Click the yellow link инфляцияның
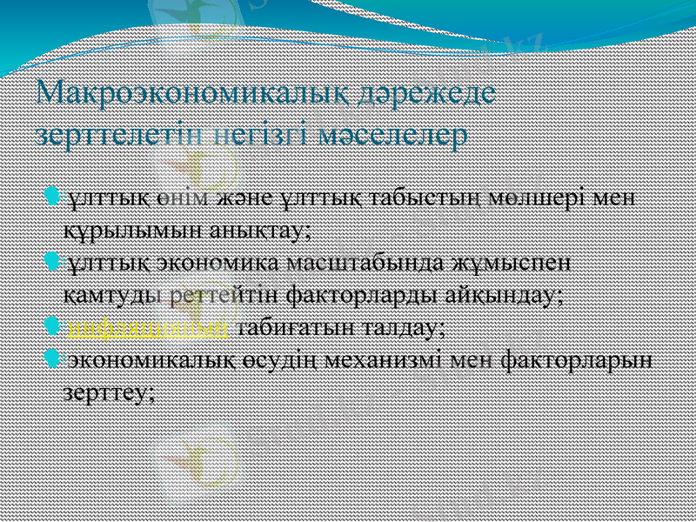149,328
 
